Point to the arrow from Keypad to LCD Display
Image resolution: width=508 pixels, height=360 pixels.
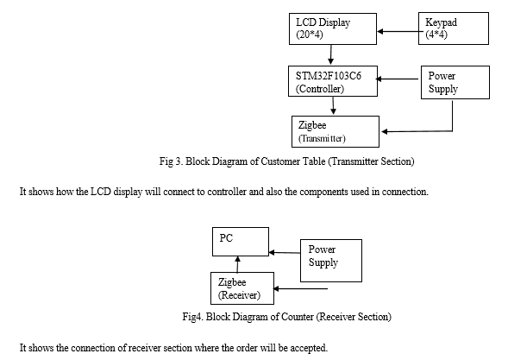(400, 31)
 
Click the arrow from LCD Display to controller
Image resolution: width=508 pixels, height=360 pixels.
(331, 54)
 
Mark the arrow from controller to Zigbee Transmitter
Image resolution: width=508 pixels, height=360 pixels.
(333, 105)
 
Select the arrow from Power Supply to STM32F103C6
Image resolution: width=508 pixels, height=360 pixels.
(397, 79)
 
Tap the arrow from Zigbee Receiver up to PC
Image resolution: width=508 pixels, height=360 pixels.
(238, 264)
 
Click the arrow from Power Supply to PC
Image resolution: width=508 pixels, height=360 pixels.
(285, 252)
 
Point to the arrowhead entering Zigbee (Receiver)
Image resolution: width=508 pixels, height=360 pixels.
(276, 288)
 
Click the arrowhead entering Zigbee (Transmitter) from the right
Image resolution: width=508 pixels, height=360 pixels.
(385, 131)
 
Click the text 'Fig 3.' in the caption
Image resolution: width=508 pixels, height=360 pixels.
(172, 161)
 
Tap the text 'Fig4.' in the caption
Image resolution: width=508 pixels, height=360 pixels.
(193, 317)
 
